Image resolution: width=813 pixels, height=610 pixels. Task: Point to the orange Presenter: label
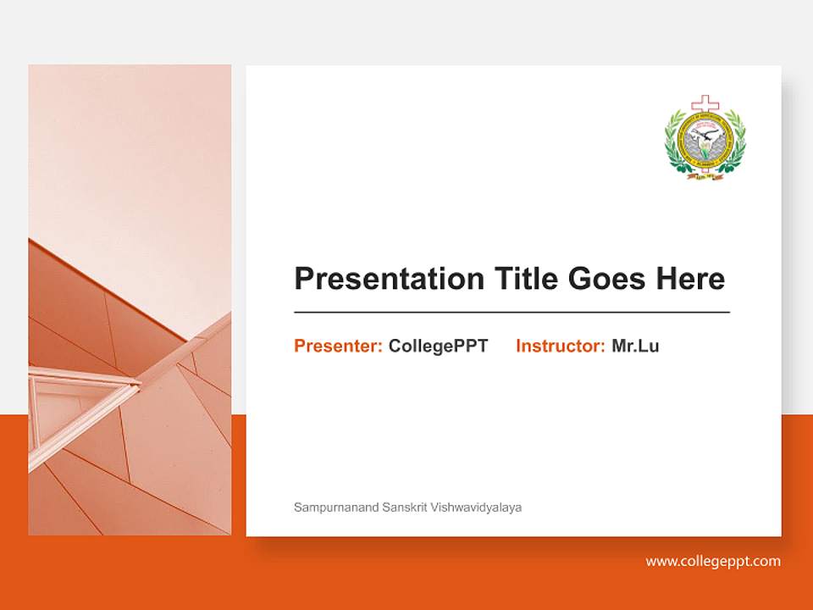pyautogui.click(x=338, y=346)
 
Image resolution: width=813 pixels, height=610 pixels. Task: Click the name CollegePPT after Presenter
pyautogui.click(x=438, y=346)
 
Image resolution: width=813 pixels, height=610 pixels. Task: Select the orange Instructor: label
pyautogui.click(x=560, y=346)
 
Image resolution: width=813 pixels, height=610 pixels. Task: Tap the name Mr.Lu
pyautogui.click(x=635, y=346)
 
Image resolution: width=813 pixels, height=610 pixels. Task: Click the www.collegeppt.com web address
pyautogui.click(x=713, y=561)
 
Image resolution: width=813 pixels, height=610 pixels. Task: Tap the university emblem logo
pyautogui.click(x=705, y=139)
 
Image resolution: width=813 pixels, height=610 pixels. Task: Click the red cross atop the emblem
pyautogui.click(x=705, y=105)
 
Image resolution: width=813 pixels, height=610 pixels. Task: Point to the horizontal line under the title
pyautogui.click(x=512, y=313)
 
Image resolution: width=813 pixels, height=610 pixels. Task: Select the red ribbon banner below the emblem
pyautogui.click(x=705, y=175)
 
